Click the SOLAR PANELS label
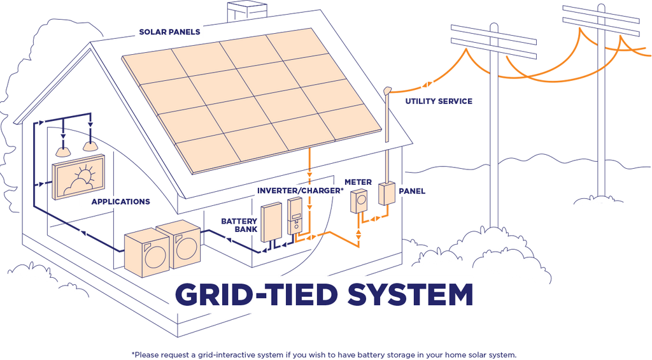[169, 32]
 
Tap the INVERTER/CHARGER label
[298, 191]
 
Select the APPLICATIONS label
[120, 201]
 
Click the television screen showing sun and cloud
[80, 180]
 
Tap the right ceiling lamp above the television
[91, 146]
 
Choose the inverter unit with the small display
[295, 217]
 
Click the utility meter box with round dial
[358, 201]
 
